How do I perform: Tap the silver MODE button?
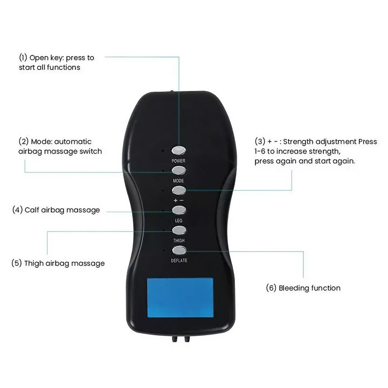(179, 170)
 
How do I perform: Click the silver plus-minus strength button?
(179, 190)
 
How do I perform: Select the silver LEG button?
(179, 210)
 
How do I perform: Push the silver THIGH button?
(179, 231)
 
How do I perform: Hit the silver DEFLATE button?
(179, 251)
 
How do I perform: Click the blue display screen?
(180, 297)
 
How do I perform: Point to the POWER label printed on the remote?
(178, 161)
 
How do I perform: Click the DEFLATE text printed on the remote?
(179, 261)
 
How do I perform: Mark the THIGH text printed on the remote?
(179, 240)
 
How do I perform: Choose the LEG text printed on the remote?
(179, 220)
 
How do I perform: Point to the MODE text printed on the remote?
(178, 181)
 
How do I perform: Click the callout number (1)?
(23, 58)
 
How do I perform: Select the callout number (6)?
(271, 288)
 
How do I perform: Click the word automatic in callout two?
(73, 142)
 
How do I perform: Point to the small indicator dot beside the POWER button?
(163, 150)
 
